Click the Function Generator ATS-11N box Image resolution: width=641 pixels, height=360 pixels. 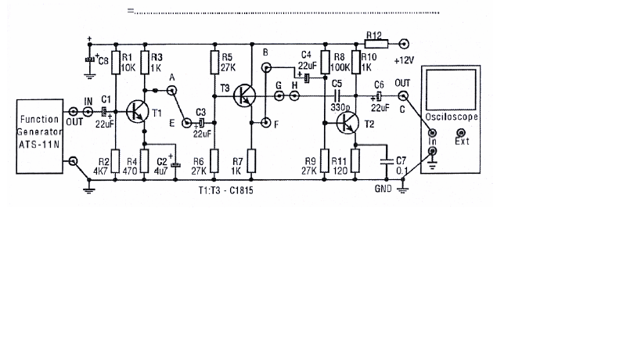coord(40,136)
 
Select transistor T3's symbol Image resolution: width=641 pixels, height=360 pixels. coord(244,96)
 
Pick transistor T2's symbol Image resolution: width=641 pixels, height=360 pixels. coord(348,123)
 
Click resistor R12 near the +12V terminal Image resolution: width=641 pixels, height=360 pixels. coord(376,44)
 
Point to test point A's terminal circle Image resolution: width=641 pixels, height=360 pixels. coord(172,90)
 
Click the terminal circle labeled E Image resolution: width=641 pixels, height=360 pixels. coord(186,123)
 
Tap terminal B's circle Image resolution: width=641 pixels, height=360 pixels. coord(266,67)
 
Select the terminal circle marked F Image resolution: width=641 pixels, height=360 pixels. coord(266,122)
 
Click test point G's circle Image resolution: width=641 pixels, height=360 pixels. coord(279,96)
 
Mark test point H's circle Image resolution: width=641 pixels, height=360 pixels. coord(294,96)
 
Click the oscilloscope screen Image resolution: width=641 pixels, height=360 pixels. coord(451,89)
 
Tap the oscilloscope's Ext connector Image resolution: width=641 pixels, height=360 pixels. coord(461,133)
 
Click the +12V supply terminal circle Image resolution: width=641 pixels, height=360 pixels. coord(404,44)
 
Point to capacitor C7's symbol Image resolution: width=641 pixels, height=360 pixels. coord(387,161)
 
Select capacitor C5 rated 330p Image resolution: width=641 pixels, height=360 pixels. coord(337,96)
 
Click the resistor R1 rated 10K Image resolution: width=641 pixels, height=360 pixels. coord(116,63)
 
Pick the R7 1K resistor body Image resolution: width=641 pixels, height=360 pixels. coord(252,160)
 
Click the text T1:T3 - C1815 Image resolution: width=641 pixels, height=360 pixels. coord(225,190)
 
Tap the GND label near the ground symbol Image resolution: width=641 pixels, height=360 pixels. coord(383,189)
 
